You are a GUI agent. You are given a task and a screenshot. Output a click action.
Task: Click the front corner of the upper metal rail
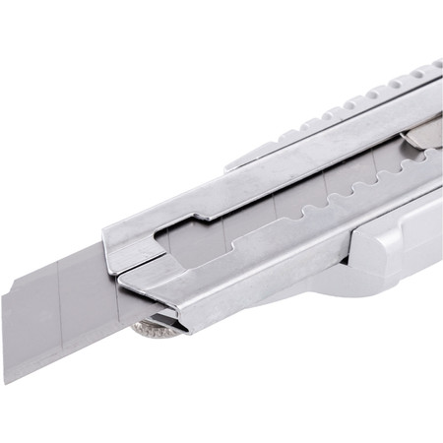pos(106,236)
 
